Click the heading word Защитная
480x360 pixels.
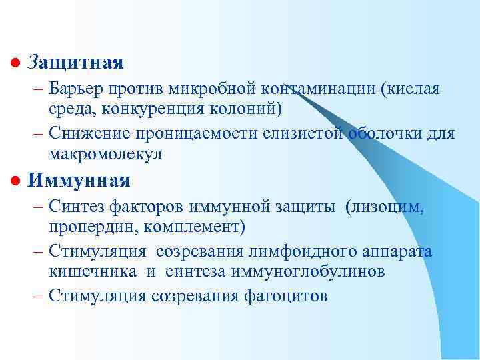coord(76,63)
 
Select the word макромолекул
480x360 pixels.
coord(105,153)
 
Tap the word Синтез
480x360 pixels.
coord(75,207)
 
